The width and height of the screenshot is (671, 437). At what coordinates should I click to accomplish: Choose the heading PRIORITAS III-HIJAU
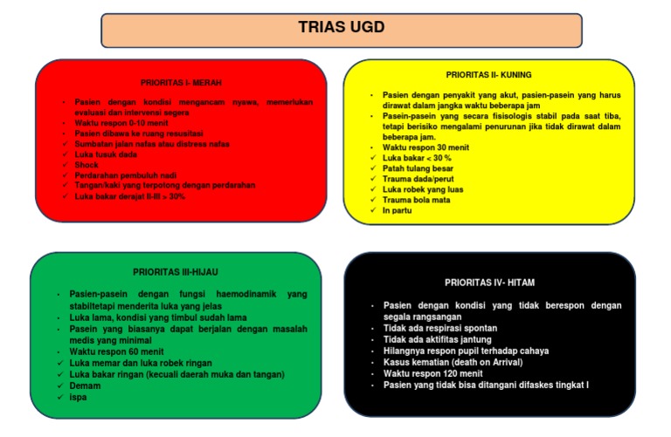[x=181, y=272]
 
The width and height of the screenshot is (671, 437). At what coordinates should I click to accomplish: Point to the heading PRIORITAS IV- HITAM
[x=490, y=283]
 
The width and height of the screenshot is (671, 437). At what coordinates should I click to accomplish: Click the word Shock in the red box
[x=87, y=165]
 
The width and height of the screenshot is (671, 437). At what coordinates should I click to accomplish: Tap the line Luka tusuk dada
[x=107, y=154]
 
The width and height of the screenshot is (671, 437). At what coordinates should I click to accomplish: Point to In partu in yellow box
[x=399, y=210]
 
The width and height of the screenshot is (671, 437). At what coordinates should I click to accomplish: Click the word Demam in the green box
[x=85, y=386]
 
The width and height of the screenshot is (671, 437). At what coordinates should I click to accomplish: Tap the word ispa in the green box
[x=79, y=397]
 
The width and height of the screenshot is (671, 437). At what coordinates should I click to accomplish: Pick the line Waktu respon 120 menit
[x=433, y=373]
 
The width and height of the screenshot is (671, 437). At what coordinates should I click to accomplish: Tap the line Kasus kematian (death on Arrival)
[x=453, y=362]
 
